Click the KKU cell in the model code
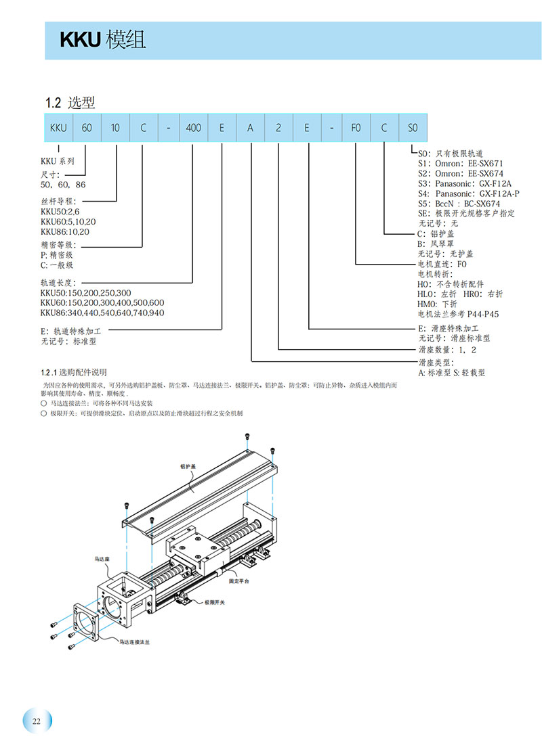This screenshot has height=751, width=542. click(58, 128)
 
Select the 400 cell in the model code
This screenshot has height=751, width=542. click(193, 128)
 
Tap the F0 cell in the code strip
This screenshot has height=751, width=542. click(356, 128)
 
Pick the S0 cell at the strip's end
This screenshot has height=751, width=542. click(413, 128)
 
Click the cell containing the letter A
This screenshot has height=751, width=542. click(250, 128)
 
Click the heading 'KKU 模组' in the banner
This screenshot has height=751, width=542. click(103, 41)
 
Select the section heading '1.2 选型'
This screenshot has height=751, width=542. click(70, 103)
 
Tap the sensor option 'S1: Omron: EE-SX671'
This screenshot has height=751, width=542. click(461, 163)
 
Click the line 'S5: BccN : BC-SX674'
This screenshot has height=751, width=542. click(459, 203)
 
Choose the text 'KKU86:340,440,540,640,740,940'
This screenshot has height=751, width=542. click(102, 313)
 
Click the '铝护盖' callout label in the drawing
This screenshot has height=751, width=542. click(187, 466)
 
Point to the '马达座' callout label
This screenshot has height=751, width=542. click(102, 560)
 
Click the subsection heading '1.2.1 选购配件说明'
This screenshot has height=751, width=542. click(74, 373)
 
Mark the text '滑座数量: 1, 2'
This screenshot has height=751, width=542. click(448, 350)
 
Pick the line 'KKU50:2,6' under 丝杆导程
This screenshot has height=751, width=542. click(61, 212)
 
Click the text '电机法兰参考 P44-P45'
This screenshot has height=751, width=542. click(458, 314)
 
